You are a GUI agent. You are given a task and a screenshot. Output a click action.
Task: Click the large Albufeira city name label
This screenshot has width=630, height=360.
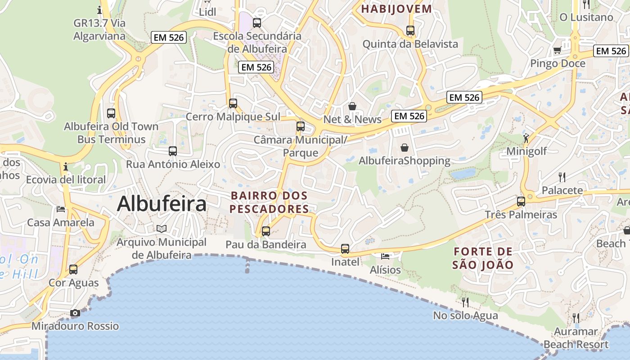pyautogui.click(x=162, y=204)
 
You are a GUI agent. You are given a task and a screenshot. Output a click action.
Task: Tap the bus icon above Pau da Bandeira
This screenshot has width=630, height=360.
pyautogui.click(x=266, y=231)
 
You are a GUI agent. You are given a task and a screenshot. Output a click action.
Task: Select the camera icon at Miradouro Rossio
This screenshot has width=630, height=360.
pyautogui.click(x=75, y=313)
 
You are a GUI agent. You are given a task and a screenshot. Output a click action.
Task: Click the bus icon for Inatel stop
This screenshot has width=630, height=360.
pyautogui.click(x=345, y=248)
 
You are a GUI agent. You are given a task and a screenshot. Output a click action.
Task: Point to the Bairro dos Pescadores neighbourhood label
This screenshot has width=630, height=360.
pyautogui.click(x=269, y=202)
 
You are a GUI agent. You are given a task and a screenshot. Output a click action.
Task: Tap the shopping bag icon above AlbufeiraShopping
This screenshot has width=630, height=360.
pyautogui.click(x=405, y=147)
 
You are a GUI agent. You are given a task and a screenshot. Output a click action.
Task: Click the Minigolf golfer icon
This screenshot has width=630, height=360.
pyautogui.click(x=526, y=138)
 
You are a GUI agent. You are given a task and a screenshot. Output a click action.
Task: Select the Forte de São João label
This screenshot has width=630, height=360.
pyautogui.click(x=483, y=258)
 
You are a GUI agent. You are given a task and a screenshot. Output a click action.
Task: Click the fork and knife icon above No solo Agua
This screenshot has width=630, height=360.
pyautogui.click(x=465, y=301)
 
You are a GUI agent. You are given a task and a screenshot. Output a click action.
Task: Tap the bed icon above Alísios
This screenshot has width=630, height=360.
pyautogui.click(x=385, y=256)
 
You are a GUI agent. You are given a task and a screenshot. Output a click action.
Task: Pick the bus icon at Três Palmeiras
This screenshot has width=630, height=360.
pyautogui.click(x=521, y=201)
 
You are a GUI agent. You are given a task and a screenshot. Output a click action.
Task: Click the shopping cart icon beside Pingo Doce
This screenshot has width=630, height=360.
pyautogui.click(x=557, y=50)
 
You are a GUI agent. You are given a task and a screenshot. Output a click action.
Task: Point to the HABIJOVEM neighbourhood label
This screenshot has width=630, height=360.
pyautogui.click(x=396, y=9)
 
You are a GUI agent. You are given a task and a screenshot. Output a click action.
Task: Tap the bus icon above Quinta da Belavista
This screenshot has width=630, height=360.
pyautogui.click(x=410, y=31)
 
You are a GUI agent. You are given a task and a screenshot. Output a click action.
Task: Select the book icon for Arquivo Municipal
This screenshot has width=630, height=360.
pyautogui.click(x=162, y=229)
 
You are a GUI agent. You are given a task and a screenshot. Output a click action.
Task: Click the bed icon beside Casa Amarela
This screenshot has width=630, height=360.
pyautogui.click(x=61, y=209)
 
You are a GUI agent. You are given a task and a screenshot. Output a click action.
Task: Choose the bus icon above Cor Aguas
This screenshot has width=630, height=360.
pyautogui.click(x=73, y=270)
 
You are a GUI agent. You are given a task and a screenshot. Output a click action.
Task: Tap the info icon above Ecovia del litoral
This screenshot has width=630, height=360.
pyautogui.click(x=66, y=167)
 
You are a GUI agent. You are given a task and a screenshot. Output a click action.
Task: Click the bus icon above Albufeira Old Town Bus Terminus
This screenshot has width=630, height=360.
pyautogui.click(x=111, y=113)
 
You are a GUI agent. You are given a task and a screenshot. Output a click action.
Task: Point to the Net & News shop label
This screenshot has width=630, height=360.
pyautogui.click(x=352, y=119)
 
